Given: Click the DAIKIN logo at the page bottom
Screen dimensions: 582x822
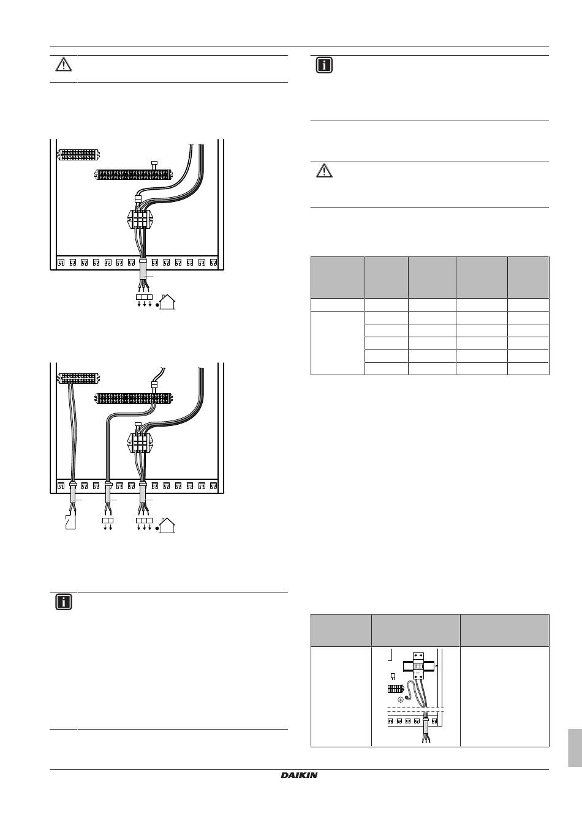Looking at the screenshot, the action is tap(299, 775).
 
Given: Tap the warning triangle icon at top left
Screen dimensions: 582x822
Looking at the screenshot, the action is tap(64, 64).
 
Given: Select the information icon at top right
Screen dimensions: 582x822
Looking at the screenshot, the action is tap(324, 65).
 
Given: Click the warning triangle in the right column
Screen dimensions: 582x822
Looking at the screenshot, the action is tap(324, 171).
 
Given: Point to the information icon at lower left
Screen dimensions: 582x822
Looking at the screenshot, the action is tap(64, 602).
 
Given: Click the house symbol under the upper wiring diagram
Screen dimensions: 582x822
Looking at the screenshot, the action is tap(167, 302).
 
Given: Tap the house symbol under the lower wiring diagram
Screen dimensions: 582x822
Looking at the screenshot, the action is tap(167, 525).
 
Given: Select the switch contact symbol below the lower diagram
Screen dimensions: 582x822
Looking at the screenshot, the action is tap(70, 522).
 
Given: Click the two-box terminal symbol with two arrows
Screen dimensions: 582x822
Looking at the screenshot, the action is tap(108, 524).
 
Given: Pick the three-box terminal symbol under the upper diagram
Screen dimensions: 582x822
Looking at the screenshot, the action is tap(144, 301).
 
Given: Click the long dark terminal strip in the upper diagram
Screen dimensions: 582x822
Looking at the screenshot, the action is tap(133, 174).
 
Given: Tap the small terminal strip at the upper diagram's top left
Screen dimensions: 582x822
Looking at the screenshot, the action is tap(78, 154).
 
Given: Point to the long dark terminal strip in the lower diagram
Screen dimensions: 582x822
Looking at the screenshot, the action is tap(133, 398).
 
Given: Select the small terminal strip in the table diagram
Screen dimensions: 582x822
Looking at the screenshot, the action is tap(396, 689).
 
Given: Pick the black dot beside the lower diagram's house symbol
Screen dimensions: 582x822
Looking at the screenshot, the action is tap(157, 528).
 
